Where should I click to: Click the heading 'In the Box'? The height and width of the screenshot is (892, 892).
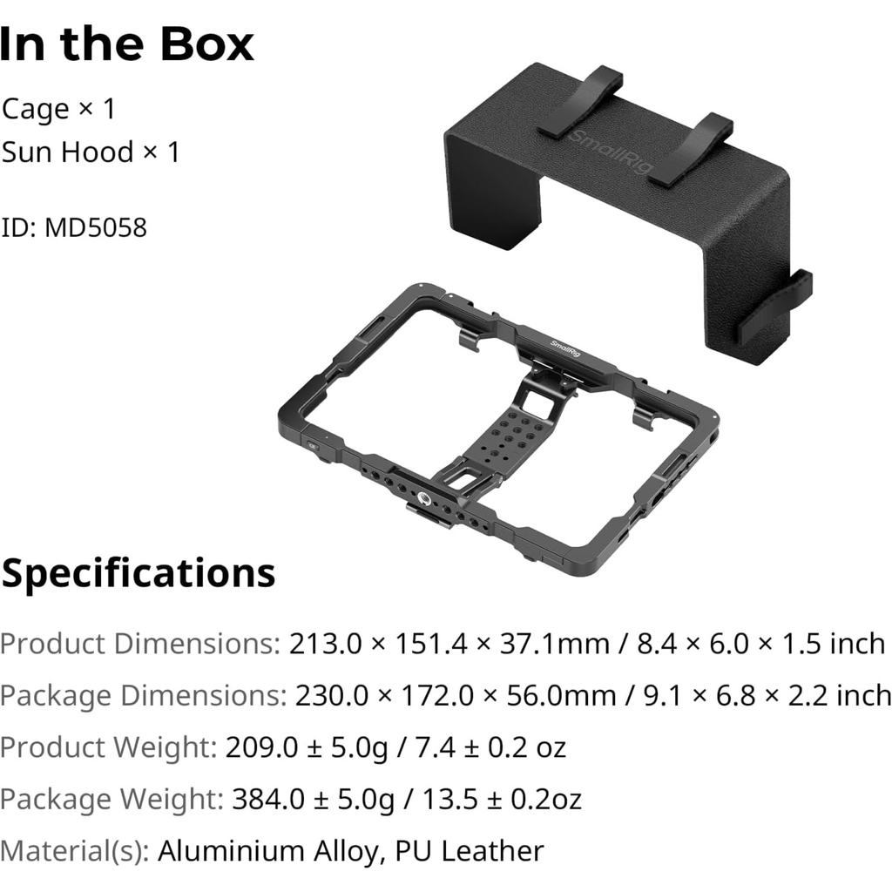pos(127,44)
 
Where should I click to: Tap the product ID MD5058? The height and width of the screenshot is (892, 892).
pos(96,227)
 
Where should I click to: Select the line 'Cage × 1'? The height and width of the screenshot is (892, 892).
pos(58,109)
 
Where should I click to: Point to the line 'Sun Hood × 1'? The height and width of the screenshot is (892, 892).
pos(91,152)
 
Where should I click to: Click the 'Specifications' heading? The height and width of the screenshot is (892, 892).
pos(139,573)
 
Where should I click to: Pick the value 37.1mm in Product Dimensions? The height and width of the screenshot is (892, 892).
pos(554,644)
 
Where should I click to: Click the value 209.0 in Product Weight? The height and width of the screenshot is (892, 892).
pos(261,747)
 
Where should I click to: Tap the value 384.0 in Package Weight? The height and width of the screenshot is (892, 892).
pos(268,799)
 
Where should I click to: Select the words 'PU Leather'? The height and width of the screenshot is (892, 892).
pos(470,851)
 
